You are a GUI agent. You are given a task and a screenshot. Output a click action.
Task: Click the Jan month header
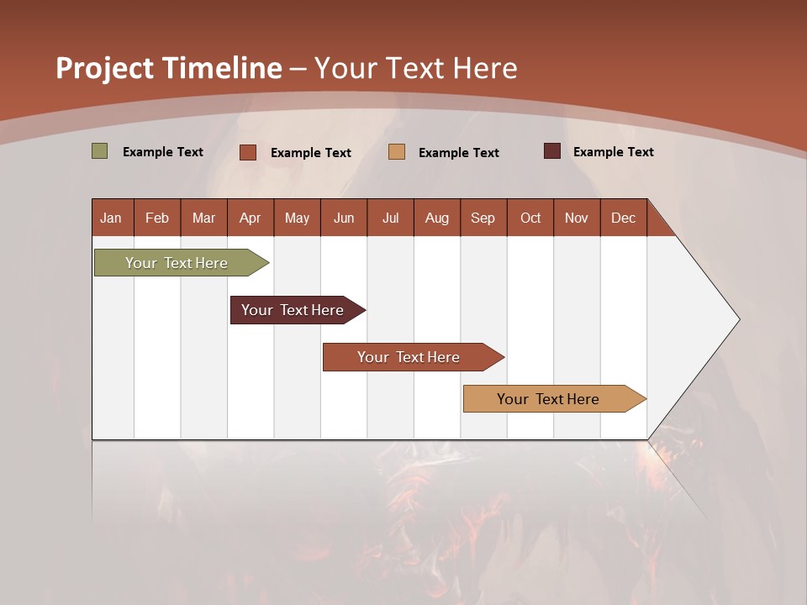point(111,218)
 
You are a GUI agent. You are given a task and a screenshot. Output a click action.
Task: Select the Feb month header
point(157,218)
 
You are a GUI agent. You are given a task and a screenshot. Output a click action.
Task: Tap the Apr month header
point(251,218)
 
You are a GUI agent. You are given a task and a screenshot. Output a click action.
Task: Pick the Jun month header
point(344,218)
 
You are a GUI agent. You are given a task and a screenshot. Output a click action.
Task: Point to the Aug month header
point(437,218)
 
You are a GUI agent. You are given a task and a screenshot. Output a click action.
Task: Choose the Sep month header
point(483,218)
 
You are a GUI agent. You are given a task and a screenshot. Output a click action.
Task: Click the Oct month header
point(530,218)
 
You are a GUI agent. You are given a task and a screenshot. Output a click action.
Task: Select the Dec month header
point(624,218)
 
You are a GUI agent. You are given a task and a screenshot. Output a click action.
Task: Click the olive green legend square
point(100,151)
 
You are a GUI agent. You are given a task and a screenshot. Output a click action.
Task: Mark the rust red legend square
point(248,152)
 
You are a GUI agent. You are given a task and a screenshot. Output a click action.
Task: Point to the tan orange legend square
point(397,152)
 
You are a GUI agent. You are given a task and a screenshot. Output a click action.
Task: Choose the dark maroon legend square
point(552,151)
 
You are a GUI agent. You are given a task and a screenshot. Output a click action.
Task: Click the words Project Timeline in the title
point(169,68)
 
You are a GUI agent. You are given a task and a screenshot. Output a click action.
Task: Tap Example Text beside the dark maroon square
point(614,152)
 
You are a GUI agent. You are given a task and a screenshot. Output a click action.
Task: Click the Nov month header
point(577,218)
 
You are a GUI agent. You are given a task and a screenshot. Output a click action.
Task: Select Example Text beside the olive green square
point(163,152)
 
